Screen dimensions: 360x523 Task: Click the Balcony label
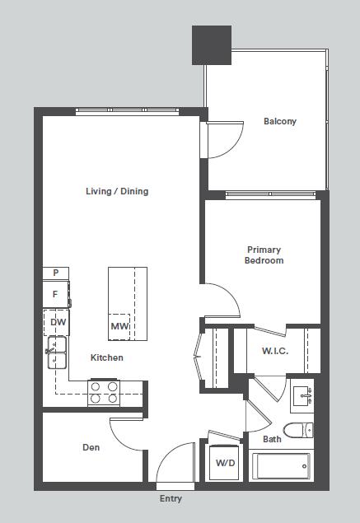point(280,121)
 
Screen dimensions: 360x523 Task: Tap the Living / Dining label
point(117,191)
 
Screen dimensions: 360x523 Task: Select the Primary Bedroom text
point(264,254)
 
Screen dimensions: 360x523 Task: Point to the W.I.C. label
point(275,351)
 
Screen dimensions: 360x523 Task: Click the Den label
point(91,447)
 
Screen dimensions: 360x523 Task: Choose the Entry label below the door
point(171,498)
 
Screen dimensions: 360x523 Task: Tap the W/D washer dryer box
point(224,462)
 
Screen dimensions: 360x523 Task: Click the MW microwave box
point(119,326)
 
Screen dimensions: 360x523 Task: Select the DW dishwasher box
point(56,322)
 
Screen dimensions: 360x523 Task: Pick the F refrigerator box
point(56,294)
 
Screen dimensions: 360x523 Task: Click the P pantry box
point(56,273)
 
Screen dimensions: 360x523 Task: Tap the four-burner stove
point(104,392)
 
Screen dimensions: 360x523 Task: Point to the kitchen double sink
point(57,353)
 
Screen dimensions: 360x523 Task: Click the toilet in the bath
point(298,430)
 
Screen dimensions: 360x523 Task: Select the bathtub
point(281,466)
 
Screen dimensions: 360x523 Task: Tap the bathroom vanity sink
point(302,395)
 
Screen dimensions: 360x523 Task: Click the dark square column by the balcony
point(212,45)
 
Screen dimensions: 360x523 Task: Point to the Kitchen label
point(107,357)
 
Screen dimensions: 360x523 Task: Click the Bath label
point(272,439)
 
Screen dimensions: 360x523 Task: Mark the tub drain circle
point(304,466)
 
